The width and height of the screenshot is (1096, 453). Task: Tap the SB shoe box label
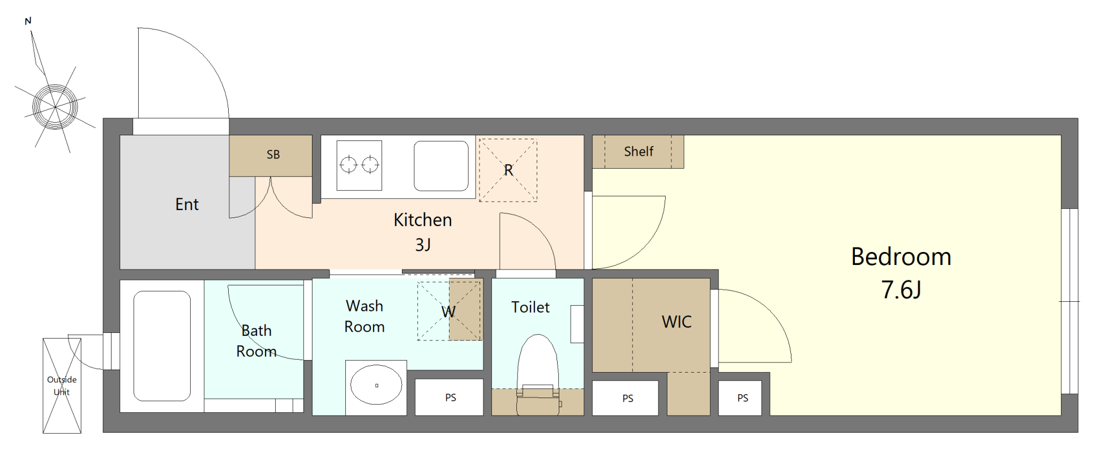pos(273,155)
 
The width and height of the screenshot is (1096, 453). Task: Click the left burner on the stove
pos(348,165)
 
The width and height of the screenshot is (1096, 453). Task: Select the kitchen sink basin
pos(441,166)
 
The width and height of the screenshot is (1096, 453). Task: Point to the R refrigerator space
pos(508,170)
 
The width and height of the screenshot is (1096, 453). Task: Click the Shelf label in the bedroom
pos(639,152)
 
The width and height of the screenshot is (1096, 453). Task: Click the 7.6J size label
pos(901,290)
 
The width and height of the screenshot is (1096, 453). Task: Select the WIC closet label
pos(677,322)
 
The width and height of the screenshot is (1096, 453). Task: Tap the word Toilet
pos(530,307)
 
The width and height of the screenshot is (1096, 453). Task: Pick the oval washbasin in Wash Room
pos(376,385)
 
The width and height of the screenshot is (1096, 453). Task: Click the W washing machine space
pos(449,311)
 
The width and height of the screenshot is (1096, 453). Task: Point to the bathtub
pos(162,346)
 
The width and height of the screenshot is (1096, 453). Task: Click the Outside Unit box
pos(62,386)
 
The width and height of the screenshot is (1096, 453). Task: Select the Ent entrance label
pos(187,204)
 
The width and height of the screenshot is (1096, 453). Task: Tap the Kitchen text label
pos(423,220)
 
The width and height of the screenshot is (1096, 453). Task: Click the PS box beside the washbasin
pos(449,397)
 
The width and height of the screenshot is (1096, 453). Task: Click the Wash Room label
pos(365,317)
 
